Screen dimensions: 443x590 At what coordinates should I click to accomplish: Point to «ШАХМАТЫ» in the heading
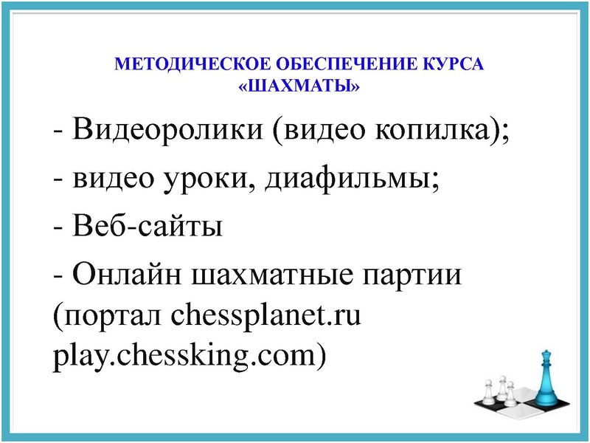(x=299, y=87)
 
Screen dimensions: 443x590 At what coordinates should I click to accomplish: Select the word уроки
(x=204, y=179)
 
